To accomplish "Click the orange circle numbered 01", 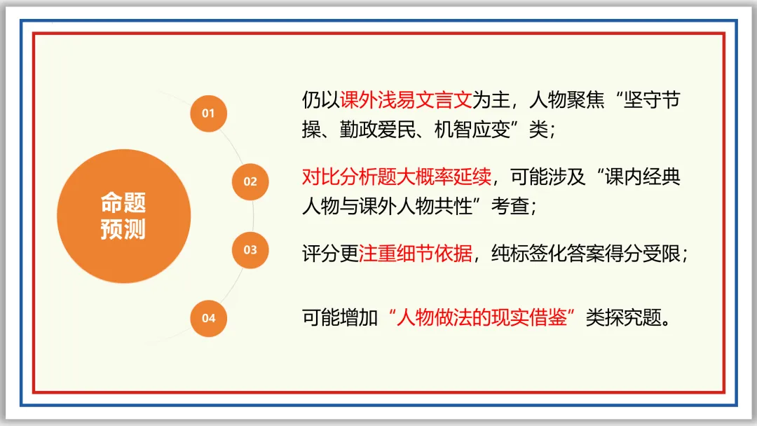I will point(208,113).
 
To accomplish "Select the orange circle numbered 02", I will point(250,181).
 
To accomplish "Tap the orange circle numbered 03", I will point(250,249).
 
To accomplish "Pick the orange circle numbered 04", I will point(209,318).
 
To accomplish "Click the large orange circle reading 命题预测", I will point(123,216).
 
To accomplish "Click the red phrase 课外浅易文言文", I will point(405,100).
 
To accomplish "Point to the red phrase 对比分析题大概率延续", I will point(397,177).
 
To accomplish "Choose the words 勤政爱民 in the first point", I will point(377,130).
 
